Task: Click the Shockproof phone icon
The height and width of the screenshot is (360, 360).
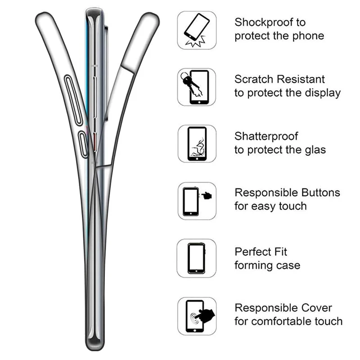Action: tap(197, 30)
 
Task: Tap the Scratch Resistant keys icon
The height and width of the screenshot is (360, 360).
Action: tap(197, 87)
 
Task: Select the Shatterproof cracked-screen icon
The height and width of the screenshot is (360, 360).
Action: tap(197, 144)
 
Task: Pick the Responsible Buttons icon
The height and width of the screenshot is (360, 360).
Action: tap(197, 200)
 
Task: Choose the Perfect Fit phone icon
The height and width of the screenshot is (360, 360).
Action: tap(197, 257)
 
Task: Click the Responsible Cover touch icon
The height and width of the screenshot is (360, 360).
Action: tap(197, 315)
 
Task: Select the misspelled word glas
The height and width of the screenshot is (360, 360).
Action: tap(314, 150)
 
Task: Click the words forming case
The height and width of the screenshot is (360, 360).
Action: tap(267, 265)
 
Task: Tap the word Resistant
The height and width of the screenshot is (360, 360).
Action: tap(301, 79)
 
